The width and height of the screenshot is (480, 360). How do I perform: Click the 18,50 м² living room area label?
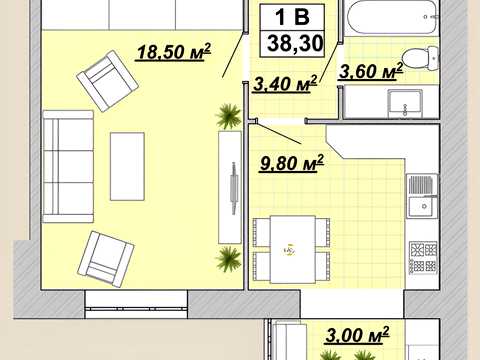point(174,52)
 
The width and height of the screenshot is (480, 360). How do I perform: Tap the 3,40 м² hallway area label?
point(285,83)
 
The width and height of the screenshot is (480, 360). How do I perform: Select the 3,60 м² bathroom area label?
point(371,71)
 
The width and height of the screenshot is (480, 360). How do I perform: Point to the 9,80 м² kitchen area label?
point(291,163)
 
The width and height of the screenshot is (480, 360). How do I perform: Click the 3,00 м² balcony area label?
point(357,334)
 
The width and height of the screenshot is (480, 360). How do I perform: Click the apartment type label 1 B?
point(292,17)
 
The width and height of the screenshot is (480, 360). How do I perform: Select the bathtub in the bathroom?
point(392,17)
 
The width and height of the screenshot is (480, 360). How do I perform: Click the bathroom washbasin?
point(405,103)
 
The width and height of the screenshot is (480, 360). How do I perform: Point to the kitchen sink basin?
point(423,207)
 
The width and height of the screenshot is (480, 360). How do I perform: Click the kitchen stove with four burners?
point(423,257)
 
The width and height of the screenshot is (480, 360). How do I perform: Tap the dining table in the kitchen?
point(293,249)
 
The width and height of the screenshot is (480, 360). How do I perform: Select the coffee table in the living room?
point(127,166)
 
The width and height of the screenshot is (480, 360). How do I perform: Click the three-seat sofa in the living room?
point(68,166)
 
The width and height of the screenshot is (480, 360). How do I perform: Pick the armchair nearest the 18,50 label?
point(107,81)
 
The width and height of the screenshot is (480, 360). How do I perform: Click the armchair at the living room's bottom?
point(106,259)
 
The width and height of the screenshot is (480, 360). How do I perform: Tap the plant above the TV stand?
point(228,116)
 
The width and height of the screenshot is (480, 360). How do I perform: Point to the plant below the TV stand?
point(228,259)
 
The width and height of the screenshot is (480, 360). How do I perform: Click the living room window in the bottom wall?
point(136,304)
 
